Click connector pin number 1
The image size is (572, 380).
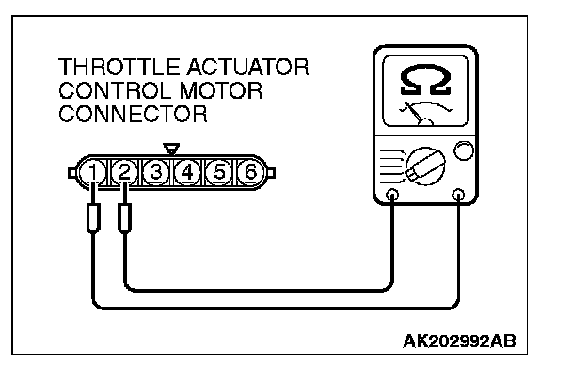point(94,171)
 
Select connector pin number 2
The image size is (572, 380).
point(125,171)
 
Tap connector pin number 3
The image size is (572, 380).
point(157,171)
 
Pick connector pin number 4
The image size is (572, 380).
point(187,171)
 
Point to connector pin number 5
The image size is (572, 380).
point(218,171)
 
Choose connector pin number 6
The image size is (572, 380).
point(249,171)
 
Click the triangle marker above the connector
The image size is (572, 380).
point(171,149)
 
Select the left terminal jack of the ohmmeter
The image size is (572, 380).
point(392,197)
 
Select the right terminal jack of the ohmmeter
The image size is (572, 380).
point(459,197)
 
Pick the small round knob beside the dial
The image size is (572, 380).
point(462,150)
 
